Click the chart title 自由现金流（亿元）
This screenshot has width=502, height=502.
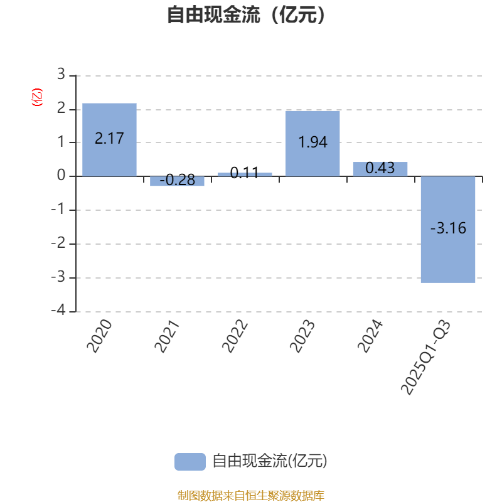point(246,14)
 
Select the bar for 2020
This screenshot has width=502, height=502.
point(109,139)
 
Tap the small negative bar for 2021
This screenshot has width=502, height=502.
point(177,181)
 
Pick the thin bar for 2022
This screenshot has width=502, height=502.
point(245,174)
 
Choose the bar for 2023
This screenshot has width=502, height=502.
point(312,144)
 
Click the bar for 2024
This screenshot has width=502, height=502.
point(380,169)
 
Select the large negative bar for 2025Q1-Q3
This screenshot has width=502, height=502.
point(448,230)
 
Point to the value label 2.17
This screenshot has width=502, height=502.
point(109,138)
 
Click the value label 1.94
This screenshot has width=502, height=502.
point(312,142)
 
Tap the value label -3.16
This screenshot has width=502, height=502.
point(448,228)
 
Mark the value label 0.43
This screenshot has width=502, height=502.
point(380,168)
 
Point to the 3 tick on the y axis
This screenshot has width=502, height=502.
point(61,74)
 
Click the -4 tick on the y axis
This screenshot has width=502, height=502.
point(58,310)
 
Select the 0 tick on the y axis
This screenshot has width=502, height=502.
point(61,175)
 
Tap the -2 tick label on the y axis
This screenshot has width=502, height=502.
point(58,243)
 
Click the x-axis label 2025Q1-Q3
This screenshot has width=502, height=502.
point(426,357)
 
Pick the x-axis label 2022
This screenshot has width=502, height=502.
point(235,336)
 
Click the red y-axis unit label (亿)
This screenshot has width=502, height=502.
point(37,97)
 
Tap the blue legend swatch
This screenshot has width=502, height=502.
point(190,462)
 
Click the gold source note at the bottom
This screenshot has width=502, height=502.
point(251,495)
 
